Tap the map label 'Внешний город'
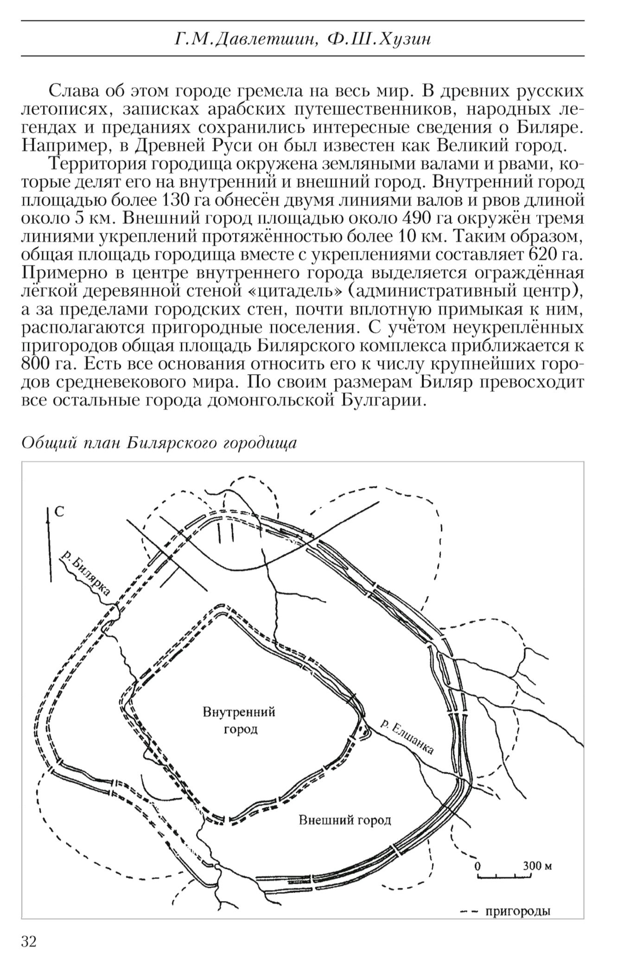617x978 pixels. pyautogui.click(x=344, y=820)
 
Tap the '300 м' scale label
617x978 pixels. pyautogui.click(x=537, y=865)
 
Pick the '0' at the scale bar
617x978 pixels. pyautogui.click(x=477, y=865)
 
